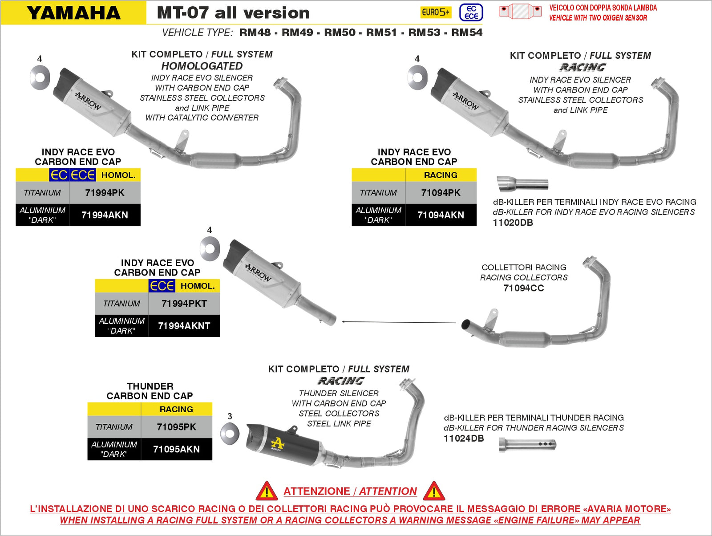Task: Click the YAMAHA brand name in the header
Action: tap(73, 13)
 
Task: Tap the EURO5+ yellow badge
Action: tap(436, 12)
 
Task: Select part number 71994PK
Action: tap(105, 193)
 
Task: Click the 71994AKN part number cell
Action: tap(105, 215)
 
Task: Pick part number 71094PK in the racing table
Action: tap(441, 193)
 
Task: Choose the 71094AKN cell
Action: tap(441, 215)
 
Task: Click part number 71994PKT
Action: tap(184, 304)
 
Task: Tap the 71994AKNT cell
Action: tap(184, 326)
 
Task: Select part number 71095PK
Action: tap(176, 427)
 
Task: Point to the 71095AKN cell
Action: tap(176, 449)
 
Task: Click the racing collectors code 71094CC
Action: tap(523, 288)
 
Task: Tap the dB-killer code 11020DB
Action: tap(513, 223)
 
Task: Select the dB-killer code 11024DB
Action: tap(464, 439)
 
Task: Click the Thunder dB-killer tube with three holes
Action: tap(527, 444)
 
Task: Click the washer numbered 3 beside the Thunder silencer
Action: tap(230, 434)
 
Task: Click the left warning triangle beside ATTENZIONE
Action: tap(267, 491)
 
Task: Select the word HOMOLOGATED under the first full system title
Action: tap(202, 66)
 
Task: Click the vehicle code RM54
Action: tap(467, 32)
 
